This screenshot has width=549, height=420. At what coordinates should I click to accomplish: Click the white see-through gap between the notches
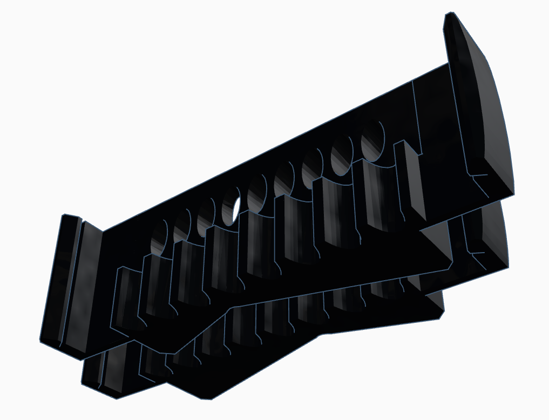click(236, 209)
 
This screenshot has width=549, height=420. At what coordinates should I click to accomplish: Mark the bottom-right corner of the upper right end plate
click(513, 193)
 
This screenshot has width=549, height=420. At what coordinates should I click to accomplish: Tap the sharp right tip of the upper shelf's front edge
click(451, 266)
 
